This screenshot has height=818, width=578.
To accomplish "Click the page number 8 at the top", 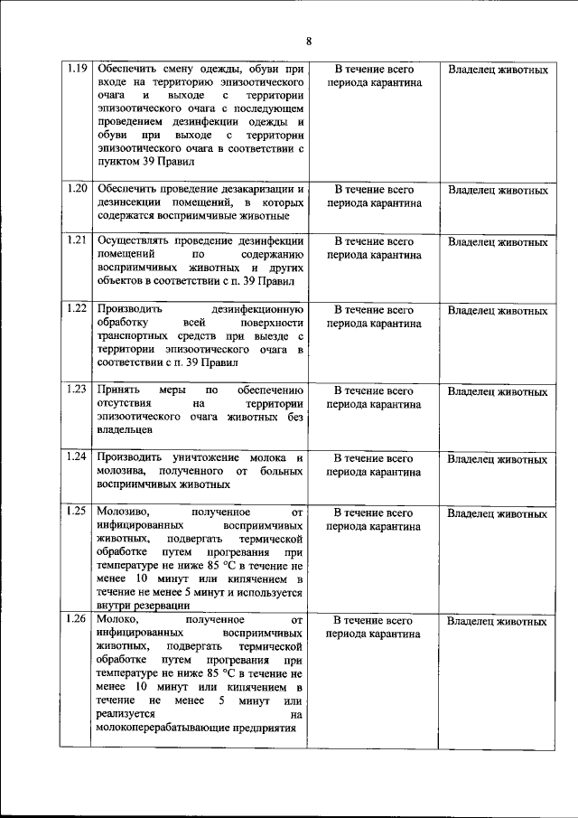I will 308,41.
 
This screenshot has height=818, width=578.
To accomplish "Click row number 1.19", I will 77,69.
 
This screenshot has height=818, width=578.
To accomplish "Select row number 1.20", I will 77,189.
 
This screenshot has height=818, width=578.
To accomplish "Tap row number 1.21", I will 77,241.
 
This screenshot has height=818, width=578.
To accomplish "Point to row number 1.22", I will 77,309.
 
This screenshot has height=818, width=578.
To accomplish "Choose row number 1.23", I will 77,390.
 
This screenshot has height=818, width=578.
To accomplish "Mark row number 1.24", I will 77,458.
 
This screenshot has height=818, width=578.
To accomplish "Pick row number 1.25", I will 77,512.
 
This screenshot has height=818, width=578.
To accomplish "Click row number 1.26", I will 77,621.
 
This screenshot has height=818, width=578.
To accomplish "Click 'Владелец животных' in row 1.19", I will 498,70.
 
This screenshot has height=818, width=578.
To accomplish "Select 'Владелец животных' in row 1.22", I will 498,310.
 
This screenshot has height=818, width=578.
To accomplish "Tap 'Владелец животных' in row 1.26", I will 498,622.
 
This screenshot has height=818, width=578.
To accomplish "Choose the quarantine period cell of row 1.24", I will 374,465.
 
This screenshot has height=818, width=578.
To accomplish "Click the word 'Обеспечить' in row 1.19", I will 126,69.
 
